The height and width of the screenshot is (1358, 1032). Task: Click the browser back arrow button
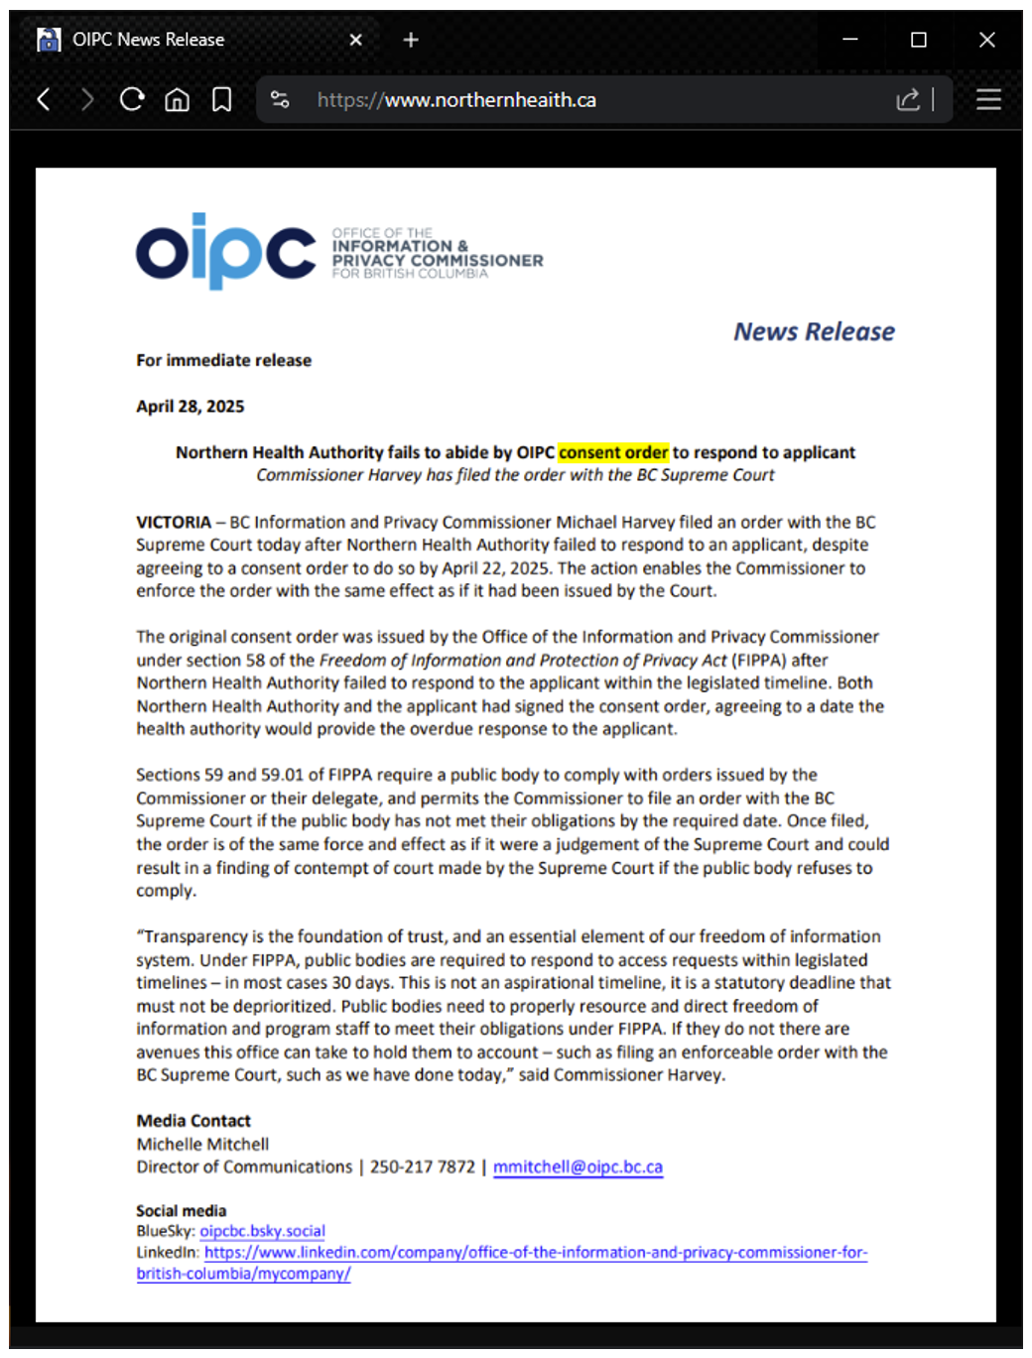tap(44, 99)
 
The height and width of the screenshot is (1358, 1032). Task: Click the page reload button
tap(131, 99)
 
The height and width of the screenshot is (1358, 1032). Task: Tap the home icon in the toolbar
tap(177, 99)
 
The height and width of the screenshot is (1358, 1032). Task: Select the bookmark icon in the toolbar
tap(222, 99)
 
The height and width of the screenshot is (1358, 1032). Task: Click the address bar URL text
tap(456, 100)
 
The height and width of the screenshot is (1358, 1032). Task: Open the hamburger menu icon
tap(987, 99)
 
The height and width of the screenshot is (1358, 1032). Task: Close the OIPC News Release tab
tap(356, 40)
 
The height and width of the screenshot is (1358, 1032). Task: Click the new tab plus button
tap(411, 40)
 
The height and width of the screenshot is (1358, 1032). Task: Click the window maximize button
tap(919, 40)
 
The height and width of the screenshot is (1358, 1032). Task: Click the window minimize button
tap(850, 40)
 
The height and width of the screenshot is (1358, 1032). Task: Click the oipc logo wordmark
tap(225, 252)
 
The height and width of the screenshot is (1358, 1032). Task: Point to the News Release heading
tap(814, 331)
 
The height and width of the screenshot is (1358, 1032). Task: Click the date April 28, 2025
tap(191, 406)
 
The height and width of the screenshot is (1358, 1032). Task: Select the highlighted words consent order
tap(613, 452)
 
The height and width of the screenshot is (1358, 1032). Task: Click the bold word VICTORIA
tap(174, 522)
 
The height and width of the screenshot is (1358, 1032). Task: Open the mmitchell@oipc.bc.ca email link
tap(578, 1167)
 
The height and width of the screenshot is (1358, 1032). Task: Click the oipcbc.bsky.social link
tap(262, 1231)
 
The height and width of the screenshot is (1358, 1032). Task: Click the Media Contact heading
tap(193, 1121)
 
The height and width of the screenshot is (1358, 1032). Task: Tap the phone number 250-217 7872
tap(423, 1167)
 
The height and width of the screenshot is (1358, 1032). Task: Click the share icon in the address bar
tap(907, 99)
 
